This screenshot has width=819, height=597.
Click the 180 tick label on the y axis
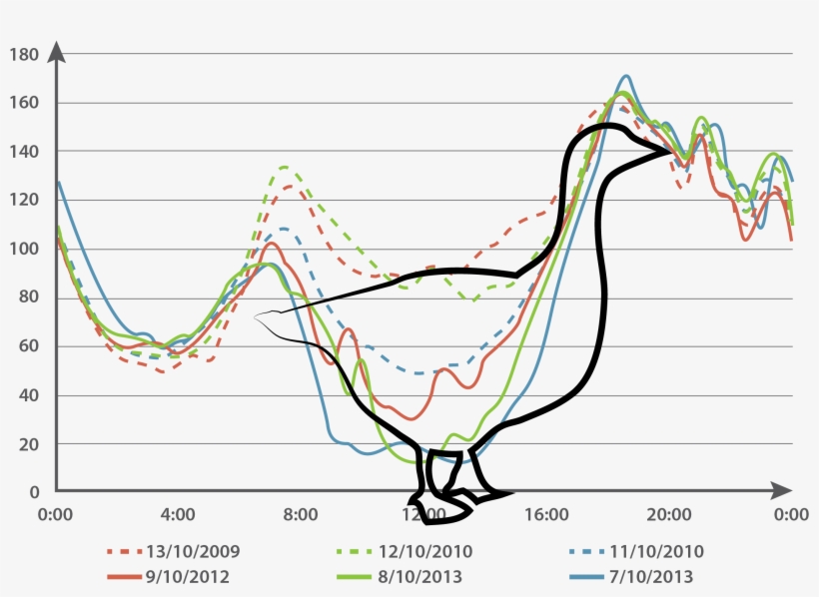point(24,54)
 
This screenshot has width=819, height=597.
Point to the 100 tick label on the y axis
point(24,249)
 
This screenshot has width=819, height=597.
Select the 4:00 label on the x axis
point(178,515)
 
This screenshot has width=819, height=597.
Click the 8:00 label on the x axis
point(301,515)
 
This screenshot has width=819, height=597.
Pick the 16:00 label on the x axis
point(545,515)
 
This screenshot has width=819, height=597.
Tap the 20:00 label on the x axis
point(668,515)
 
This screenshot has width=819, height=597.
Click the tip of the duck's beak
point(672,152)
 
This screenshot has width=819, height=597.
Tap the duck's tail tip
point(257,316)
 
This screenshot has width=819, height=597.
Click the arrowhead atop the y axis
point(57,51)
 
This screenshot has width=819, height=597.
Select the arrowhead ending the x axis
point(782,490)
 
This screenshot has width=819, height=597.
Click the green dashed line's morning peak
point(285,167)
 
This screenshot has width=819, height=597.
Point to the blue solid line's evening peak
point(626,76)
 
